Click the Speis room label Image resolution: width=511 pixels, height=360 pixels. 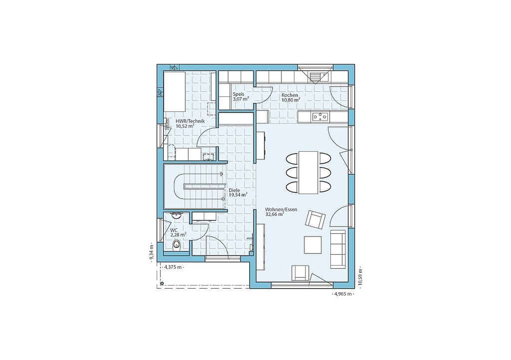(238, 94)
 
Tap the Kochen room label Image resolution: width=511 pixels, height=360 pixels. (290, 95)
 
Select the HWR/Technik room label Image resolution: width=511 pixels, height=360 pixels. (190, 121)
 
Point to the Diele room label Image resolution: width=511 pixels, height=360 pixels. (235, 190)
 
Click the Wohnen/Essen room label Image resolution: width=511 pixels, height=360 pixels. (281, 210)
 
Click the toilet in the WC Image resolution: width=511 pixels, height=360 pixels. (176, 245)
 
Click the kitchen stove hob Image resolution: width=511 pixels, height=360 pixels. (321, 117)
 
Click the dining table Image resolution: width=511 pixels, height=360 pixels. (308, 172)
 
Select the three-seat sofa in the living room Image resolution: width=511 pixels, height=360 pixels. (338, 249)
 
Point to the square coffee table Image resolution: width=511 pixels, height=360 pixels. (313, 245)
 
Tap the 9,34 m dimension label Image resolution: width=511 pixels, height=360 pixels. (152, 252)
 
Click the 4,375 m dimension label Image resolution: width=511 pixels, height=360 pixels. (174, 267)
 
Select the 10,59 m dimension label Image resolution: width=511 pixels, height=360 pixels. (360, 278)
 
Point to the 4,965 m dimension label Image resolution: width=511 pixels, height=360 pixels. (343, 294)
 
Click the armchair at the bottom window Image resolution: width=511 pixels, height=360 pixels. (300, 273)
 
